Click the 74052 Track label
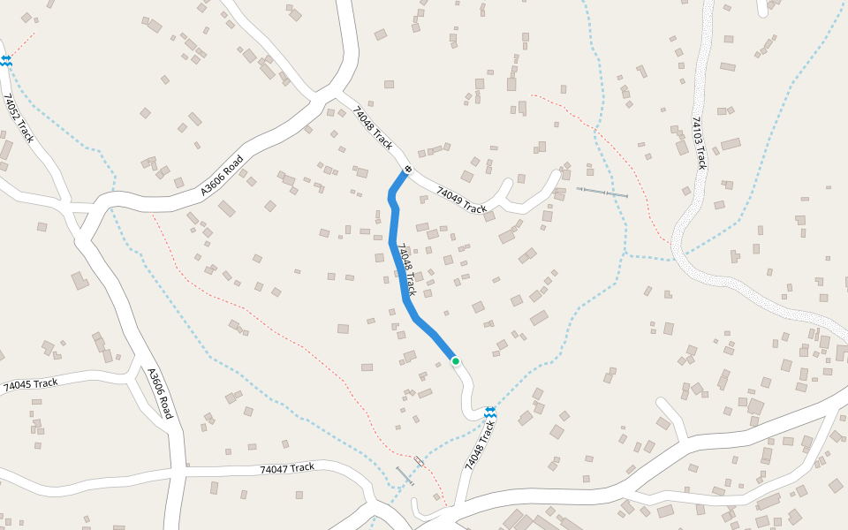pos(19,118)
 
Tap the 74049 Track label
pos(462,202)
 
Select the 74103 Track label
pos(699,143)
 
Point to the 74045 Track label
pos(31,384)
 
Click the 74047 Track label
pos(287,468)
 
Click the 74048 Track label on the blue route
pos(406,269)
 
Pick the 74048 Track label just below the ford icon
pos(477,444)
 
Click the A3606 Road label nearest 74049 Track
pos(222,176)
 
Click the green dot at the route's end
pos(456,360)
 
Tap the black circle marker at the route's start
pos(408,169)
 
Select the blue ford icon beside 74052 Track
pos(6,60)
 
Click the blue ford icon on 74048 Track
pos(489,412)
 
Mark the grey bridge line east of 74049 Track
pos(602,192)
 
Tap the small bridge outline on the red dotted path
pos(419,461)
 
